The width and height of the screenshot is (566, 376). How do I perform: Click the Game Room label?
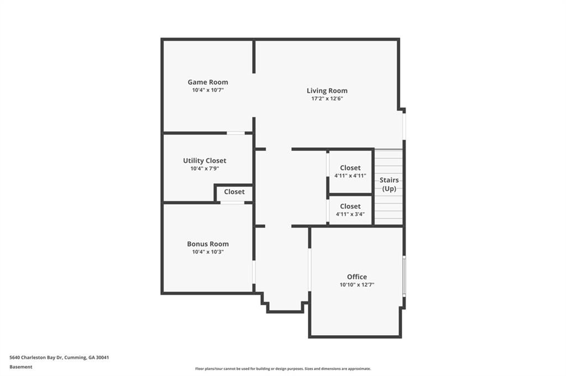point(208,82)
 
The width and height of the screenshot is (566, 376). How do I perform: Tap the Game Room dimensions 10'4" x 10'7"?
point(208,90)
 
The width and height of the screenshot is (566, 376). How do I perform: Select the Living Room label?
point(327,91)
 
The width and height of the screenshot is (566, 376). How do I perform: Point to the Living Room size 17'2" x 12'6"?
point(327,98)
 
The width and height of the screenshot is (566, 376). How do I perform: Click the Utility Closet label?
point(205,161)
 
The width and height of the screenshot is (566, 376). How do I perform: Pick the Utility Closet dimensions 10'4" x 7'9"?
point(205,168)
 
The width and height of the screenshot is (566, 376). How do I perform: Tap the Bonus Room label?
point(208,244)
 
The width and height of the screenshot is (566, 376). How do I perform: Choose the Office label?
point(357,277)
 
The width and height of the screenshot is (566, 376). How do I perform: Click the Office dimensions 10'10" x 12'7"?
point(357,285)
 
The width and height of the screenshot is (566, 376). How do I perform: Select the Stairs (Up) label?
point(389,184)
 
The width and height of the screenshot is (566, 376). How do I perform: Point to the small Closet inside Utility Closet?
point(234,192)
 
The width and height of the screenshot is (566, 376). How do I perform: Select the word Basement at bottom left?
point(21,367)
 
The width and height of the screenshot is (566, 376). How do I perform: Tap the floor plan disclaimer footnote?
point(283,369)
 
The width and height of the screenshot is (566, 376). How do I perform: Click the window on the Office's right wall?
point(404,276)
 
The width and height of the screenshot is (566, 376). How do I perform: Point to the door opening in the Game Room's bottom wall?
point(235,133)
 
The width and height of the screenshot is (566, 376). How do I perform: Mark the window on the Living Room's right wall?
point(404,126)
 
